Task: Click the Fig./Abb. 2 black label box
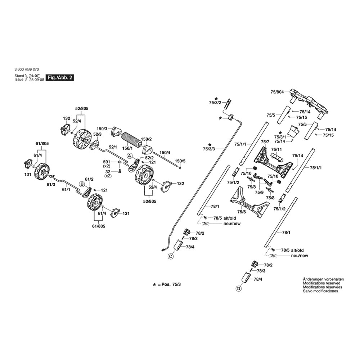point(59,78)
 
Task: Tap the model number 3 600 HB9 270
point(27,71)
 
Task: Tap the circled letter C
point(170,257)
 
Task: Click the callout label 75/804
point(277,92)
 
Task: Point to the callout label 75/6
point(241,212)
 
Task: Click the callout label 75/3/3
point(209,149)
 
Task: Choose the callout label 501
point(107,162)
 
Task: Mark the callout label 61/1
point(66,189)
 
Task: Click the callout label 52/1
point(113,147)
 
